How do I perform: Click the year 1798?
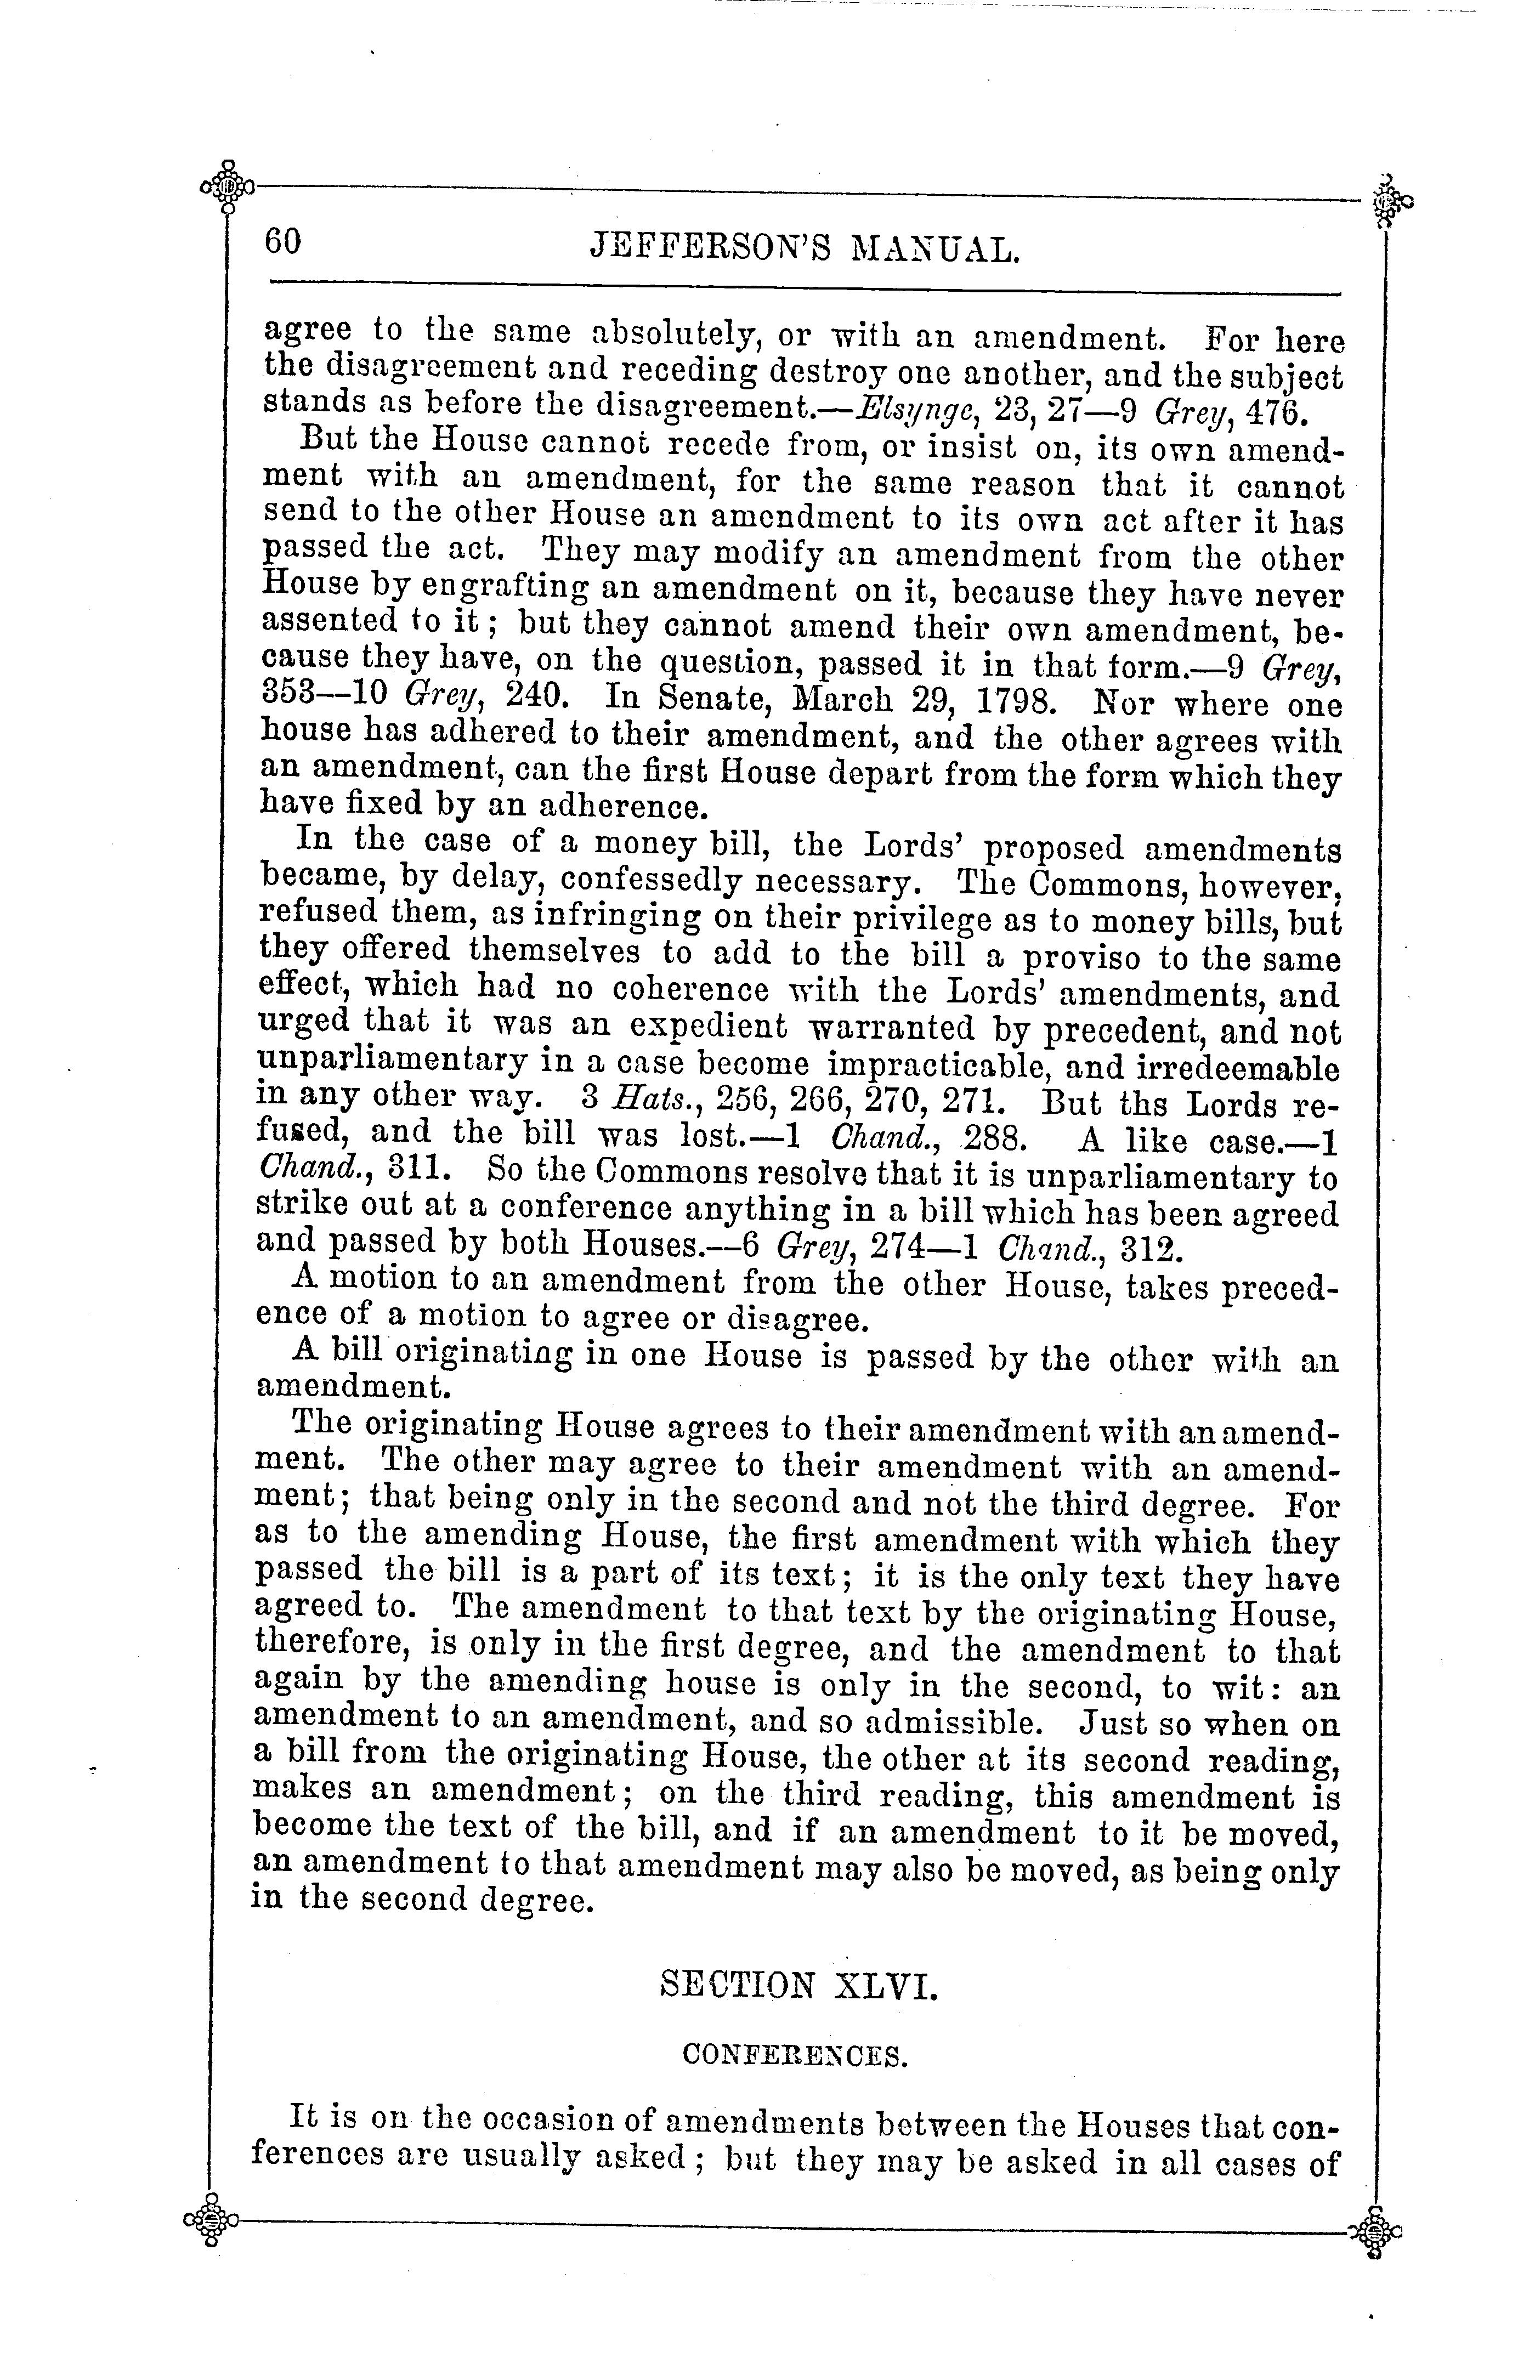coord(1024,701)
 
